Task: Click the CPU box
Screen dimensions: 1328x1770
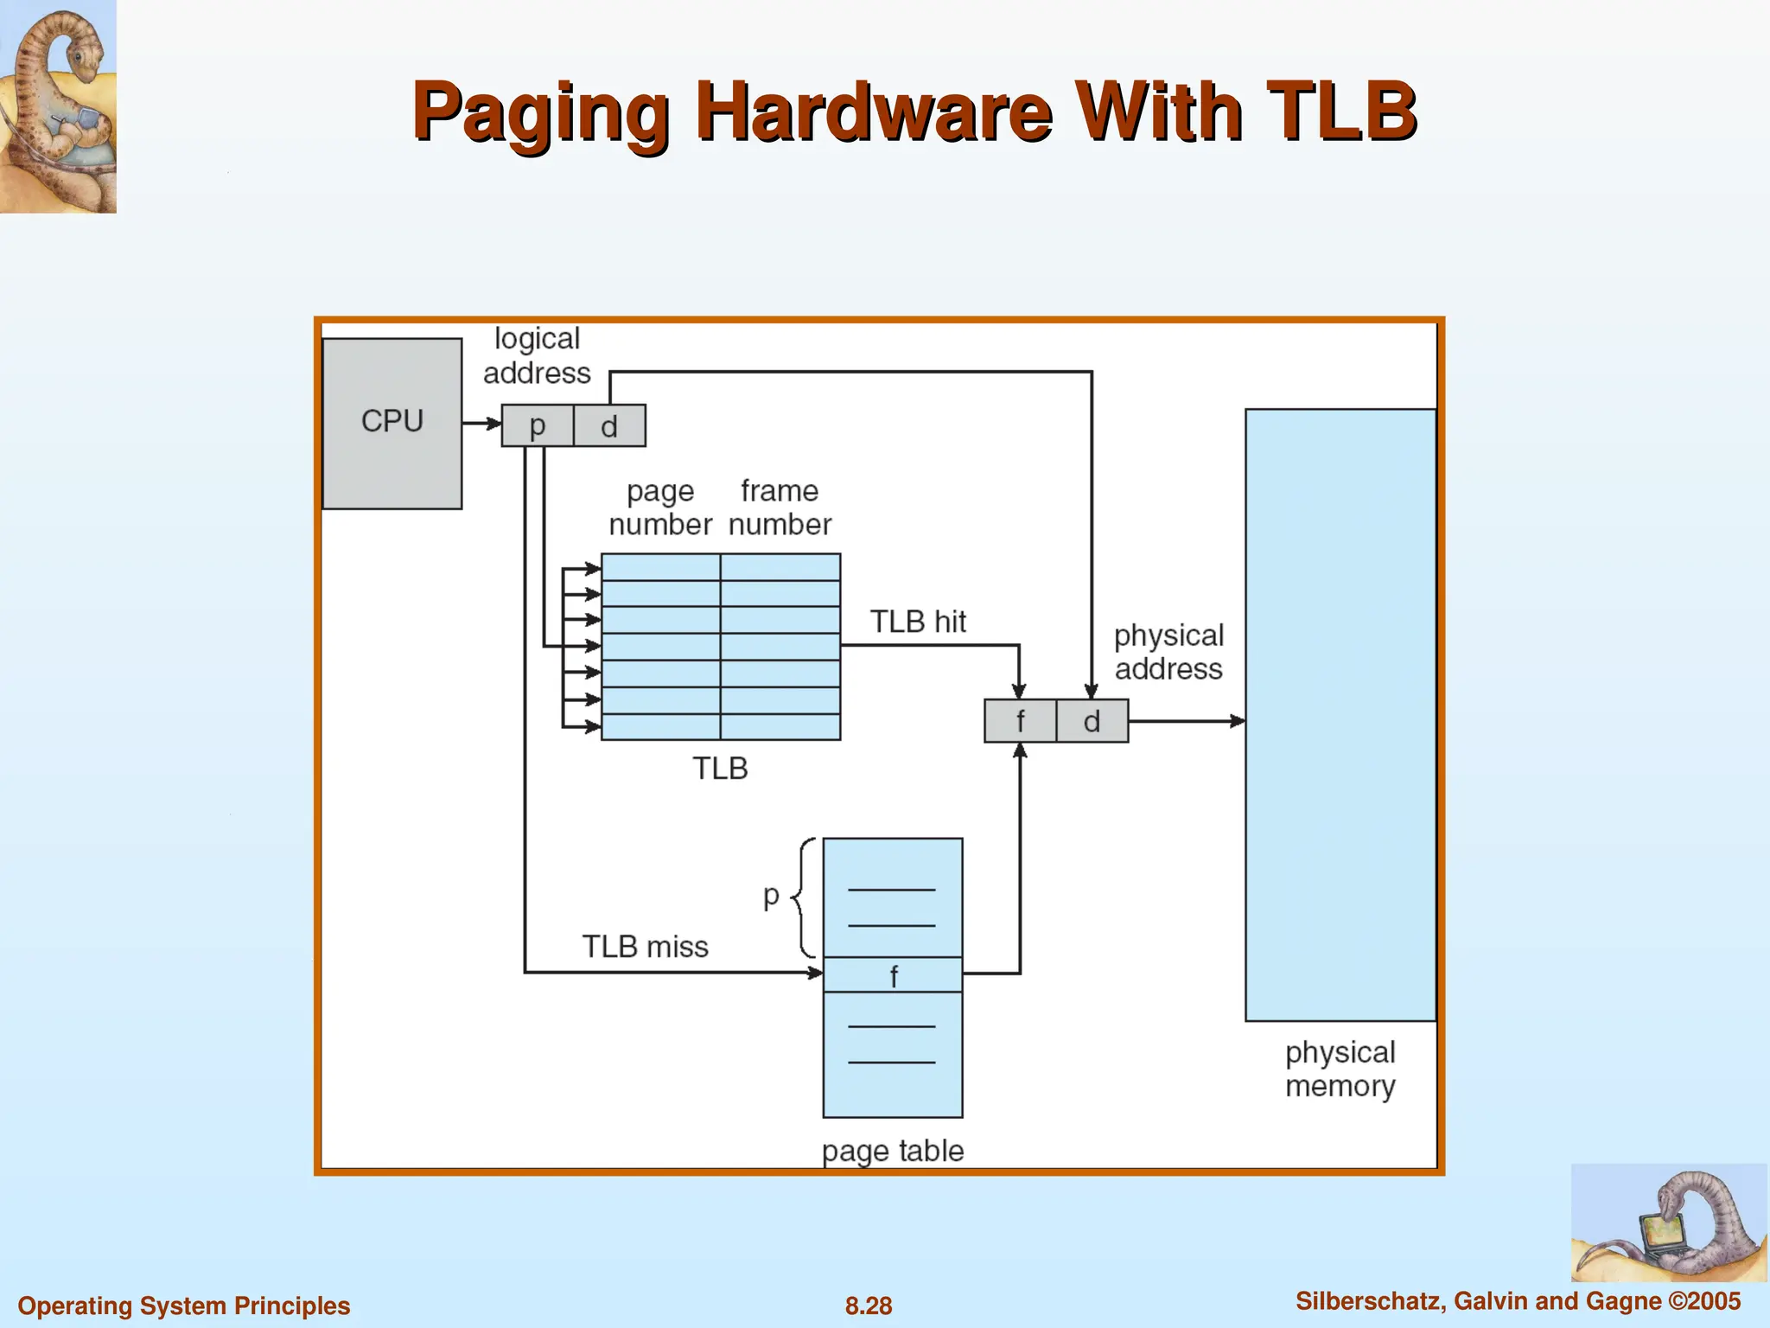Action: (x=392, y=423)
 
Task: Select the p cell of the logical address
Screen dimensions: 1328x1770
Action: (x=538, y=425)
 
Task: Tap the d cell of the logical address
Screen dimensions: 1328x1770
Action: (x=609, y=425)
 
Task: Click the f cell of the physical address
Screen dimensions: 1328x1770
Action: (x=1020, y=721)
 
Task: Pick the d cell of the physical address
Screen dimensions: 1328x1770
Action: (x=1092, y=721)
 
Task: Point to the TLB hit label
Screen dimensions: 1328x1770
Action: (x=917, y=622)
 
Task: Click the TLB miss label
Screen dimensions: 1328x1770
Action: (x=645, y=947)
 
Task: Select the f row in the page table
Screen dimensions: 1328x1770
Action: (x=893, y=975)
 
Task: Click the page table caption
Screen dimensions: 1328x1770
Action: (x=892, y=1151)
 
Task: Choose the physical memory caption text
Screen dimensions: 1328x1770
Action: (x=1340, y=1069)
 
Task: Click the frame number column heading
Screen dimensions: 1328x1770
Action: (x=780, y=508)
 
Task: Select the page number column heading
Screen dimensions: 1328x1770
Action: (x=660, y=508)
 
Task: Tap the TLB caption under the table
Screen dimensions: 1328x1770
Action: (x=720, y=769)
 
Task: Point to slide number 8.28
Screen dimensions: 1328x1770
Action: (x=869, y=1306)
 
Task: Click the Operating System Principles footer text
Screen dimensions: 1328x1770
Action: (x=184, y=1306)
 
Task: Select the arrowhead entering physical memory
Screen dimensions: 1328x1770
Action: (x=1238, y=720)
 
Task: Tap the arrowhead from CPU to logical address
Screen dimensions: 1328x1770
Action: (x=494, y=424)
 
